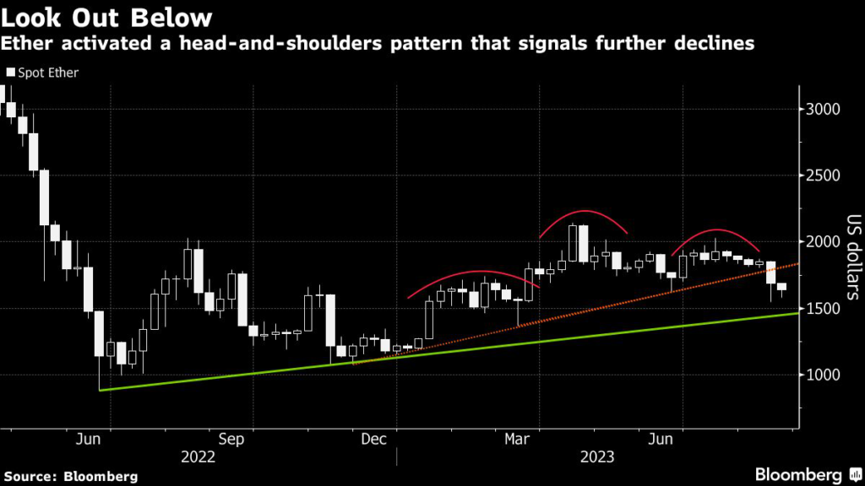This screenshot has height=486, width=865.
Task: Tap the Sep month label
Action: click(x=231, y=440)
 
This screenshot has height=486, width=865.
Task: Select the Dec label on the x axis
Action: click(x=373, y=440)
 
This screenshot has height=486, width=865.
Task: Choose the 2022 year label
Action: click(x=199, y=457)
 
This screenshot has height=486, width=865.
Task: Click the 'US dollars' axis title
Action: click(x=851, y=258)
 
